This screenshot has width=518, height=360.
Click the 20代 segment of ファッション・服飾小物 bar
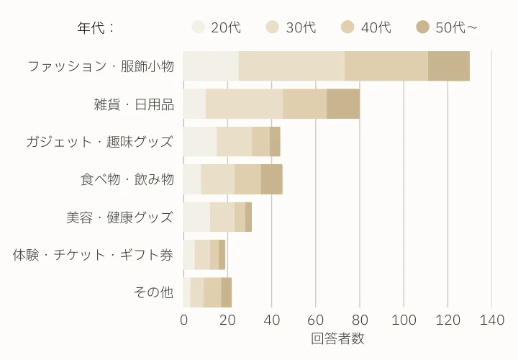coord(211,66)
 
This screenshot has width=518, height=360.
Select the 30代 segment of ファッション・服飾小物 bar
coord(291,66)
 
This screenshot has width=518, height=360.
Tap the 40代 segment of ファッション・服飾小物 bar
coord(386,66)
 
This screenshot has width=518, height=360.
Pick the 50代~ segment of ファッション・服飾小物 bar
coord(449,66)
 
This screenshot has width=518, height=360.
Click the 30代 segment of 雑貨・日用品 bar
coord(244,104)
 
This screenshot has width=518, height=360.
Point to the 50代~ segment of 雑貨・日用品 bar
coord(343,104)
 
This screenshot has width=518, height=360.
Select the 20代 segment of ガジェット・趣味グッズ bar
coord(200,141)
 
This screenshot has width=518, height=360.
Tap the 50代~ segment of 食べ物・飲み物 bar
coord(272,179)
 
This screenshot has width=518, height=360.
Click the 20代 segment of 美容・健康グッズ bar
coord(196,217)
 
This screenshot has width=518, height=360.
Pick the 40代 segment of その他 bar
coord(212,292)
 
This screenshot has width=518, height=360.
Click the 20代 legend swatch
coord(199,27)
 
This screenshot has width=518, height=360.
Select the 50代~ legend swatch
coord(423,27)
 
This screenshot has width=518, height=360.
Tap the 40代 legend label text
coord(376,27)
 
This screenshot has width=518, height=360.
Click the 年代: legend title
coord(96,28)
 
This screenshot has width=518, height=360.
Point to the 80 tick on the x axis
coord(360,320)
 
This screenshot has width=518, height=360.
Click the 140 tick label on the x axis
coord(492,320)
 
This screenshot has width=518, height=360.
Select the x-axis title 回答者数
coord(338,338)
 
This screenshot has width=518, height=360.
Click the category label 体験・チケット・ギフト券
coord(94,255)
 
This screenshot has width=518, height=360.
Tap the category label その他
coord(154,292)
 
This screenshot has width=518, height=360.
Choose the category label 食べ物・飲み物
coord(127,179)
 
